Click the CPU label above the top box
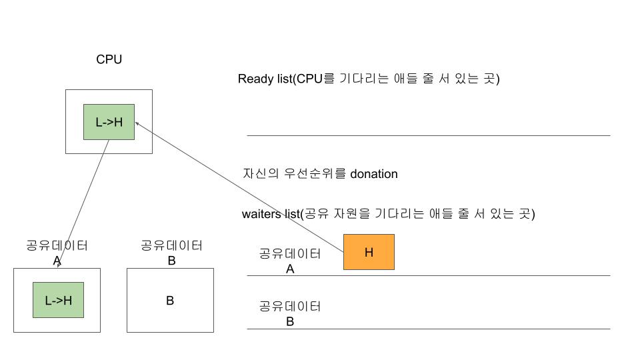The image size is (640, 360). (109, 59)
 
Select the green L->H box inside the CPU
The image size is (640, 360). (109, 122)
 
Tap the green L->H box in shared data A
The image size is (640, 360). (58, 300)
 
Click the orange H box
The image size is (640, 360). (369, 252)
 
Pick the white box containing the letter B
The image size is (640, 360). (170, 300)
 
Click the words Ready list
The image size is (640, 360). (265, 79)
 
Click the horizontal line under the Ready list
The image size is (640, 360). (428, 135)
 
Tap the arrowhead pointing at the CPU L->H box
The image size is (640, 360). (137, 123)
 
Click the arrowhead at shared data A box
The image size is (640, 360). (59, 266)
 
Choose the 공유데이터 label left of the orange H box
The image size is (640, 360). (290, 253)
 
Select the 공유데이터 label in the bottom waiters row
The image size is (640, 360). (290, 307)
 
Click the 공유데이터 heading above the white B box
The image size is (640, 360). (171, 245)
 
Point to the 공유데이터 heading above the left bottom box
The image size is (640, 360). (57, 245)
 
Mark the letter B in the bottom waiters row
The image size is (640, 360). (290, 321)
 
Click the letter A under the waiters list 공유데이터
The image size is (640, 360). (290, 269)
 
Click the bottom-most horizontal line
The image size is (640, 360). (428, 329)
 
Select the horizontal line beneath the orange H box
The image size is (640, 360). (428, 275)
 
